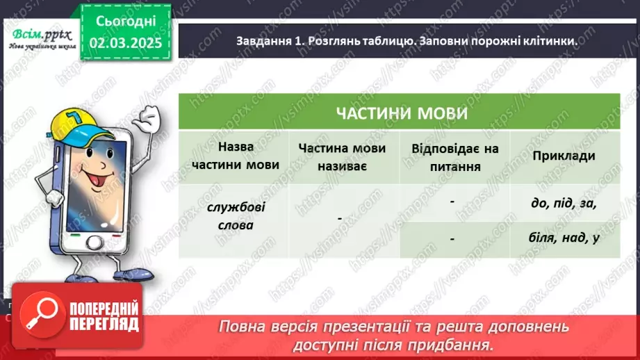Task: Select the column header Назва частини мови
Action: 235,156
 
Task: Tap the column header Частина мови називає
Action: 343,156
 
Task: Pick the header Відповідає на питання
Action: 454,156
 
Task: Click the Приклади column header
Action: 564,156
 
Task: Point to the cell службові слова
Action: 235,216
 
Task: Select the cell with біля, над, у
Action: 564,238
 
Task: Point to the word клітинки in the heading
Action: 546,41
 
